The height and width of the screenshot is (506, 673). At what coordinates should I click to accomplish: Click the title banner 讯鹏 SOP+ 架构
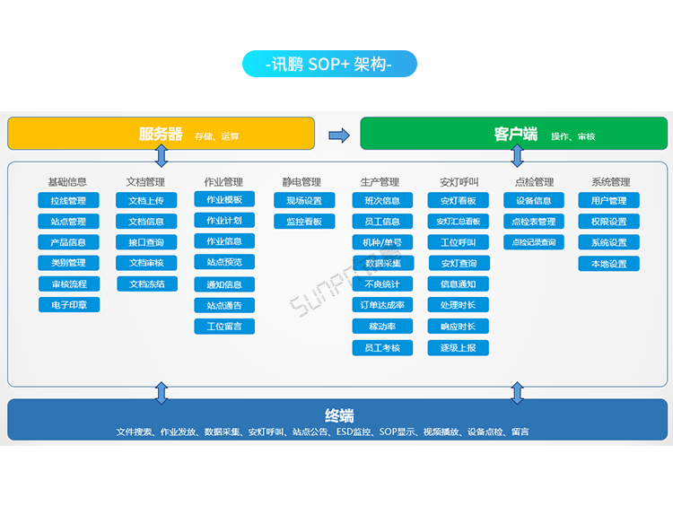click(x=329, y=64)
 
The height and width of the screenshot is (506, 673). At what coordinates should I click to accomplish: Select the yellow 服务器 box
click(x=162, y=134)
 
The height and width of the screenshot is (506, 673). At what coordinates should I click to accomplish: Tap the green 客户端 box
click(x=514, y=134)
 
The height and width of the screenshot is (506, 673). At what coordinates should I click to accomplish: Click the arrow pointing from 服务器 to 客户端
click(x=338, y=135)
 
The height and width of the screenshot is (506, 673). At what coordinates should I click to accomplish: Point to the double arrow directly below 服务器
click(x=162, y=156)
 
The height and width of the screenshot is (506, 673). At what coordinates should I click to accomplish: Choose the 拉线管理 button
click(x=68, y=201)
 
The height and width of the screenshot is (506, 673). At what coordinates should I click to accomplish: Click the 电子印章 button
click(x=68, y=305)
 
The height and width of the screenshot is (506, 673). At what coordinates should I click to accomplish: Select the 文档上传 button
click(x=146, y=201)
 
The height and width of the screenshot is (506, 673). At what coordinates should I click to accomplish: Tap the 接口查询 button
click(x=146, y=242)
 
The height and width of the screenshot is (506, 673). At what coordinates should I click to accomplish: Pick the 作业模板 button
click(x=224, y=199)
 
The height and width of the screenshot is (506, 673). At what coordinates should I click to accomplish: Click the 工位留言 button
click(x=224, y=326)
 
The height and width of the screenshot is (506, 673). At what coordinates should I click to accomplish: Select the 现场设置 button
click(x=303, y=201)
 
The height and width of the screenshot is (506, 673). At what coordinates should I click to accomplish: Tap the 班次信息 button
click(x=382, y=201)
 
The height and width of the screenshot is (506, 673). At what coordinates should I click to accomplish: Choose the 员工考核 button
click(x=382, y=347)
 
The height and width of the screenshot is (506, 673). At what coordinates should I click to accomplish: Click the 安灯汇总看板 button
click(x=459, y=222)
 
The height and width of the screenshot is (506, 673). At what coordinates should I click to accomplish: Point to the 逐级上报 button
click(x=459, y=347)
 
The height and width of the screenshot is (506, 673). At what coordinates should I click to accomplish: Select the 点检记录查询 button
click(x=534, y=242)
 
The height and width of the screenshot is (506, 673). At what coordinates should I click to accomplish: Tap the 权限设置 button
click(x=609, y=222)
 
